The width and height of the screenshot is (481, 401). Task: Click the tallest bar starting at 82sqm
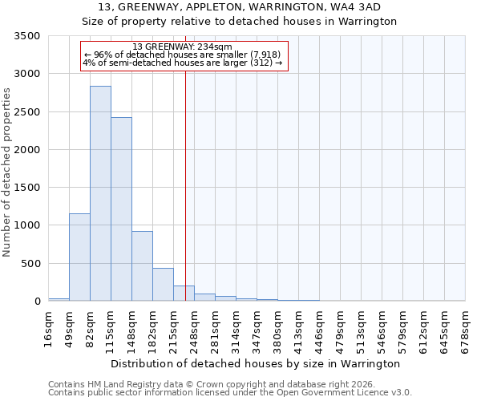pyautogui.click(x=100, y=193)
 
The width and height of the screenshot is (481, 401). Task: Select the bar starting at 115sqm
pyautogui.click(x=121, y=209)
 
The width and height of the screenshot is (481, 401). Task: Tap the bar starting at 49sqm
pyautogui.click(x=79, y=257)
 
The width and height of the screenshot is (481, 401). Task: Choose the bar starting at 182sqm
pyautogui.click(x=163, y=285)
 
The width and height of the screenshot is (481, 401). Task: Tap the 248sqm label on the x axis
pyautogui.click(x=195, y=329)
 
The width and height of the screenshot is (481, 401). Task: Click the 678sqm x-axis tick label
pyautogui.click(x=466, y=329)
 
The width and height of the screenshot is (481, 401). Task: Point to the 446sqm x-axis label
pyautogui.click(x=320, y=329)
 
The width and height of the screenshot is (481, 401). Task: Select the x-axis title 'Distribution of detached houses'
pyautogui.click(x=255, y=364)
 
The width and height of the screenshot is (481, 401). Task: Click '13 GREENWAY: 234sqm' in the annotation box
pyautogui.click(x=182, y=47)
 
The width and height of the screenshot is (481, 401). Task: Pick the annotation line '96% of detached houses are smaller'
pyautogui.click(x=182, y=55)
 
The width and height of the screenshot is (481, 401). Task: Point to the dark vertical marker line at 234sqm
pyautogui.click(x=185, y=184)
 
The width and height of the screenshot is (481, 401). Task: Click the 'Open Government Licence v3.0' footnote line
pyautogui.click(x=230, y=393)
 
